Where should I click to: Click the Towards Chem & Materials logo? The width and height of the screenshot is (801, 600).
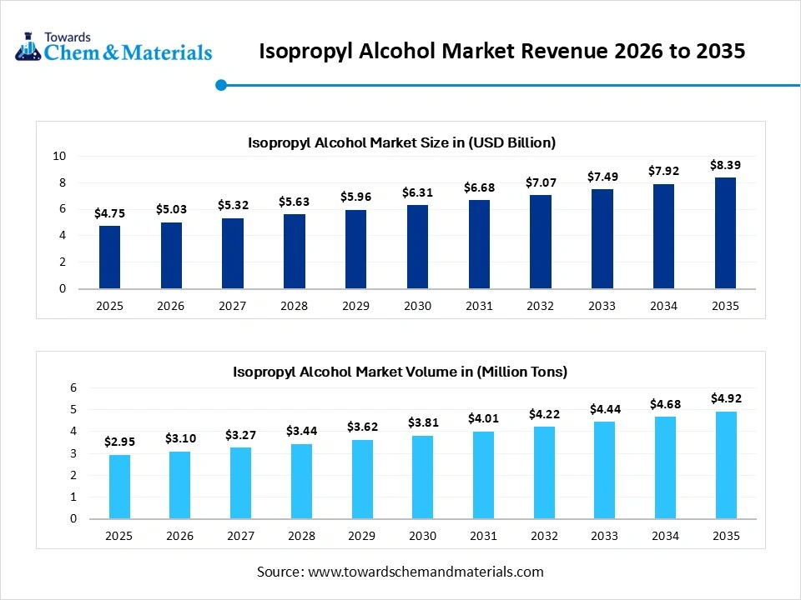tap(113, 47)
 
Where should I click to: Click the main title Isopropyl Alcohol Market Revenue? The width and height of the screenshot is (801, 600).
tap(501, 52)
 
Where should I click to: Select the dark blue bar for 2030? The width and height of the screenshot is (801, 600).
tap(417, 247)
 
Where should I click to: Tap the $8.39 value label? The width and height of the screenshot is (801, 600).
tap(725, 165)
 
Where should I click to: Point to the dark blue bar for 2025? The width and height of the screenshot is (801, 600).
tap(109, 257)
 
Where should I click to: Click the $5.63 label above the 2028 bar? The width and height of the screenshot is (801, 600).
tap(294, 201)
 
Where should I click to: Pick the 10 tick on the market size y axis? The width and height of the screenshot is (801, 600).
tap(59, 156)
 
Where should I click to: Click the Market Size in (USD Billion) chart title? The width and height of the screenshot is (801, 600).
tap(401, 142)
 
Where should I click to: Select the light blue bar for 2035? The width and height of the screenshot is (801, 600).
tap(725, 465)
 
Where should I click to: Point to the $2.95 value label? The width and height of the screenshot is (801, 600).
tap(119, 441)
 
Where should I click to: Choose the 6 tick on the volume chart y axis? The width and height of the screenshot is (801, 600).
tap(73, 387)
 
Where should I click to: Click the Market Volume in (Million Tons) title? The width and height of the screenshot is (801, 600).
tap(400, 372)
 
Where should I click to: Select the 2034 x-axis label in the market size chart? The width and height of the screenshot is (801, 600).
tap(663, 306)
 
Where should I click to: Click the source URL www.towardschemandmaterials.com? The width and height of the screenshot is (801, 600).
tap(426, 572)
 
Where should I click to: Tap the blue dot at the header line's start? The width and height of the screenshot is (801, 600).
tap(221, 84)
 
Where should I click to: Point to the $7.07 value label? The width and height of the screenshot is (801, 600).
tap(540, 182)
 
